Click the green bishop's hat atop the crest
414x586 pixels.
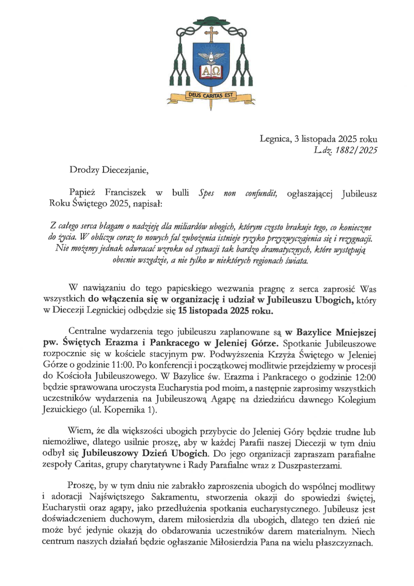pos(211,21)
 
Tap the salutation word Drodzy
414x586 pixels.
pos(84,170)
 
